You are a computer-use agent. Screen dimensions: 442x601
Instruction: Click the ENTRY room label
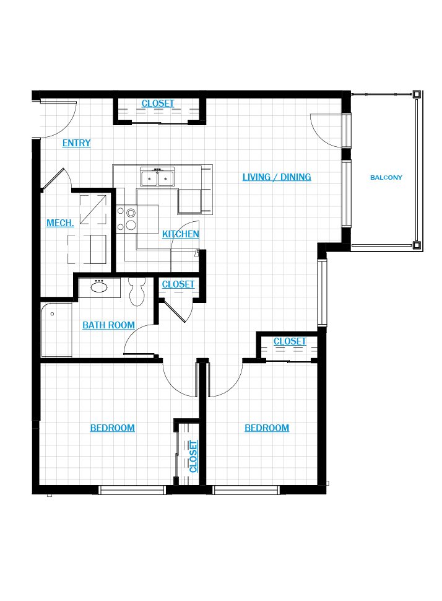(77, 143)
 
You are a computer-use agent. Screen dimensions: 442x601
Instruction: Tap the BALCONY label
(386, 177)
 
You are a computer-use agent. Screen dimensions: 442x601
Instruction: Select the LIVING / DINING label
(277, 177)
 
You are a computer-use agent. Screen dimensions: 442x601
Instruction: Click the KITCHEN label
(180, 234)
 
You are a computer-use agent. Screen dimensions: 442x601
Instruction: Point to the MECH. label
(60, 222)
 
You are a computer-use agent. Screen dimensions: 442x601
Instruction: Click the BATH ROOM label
(109, 325)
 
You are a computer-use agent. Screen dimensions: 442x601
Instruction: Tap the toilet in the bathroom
(137, 291)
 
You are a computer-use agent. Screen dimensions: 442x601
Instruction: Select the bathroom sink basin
(99, 287)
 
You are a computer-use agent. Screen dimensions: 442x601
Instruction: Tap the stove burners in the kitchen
(127, 219)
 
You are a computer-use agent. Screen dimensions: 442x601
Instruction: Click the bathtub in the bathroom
(56, 330)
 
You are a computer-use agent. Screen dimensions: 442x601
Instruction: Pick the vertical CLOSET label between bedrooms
(193, 457)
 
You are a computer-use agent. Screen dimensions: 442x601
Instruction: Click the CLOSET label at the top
(158, 103)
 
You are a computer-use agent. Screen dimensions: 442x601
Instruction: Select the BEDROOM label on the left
(113, 428)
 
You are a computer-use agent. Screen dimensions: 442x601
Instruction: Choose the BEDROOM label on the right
(267, 428)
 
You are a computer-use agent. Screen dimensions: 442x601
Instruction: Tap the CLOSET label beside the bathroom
(178, 284)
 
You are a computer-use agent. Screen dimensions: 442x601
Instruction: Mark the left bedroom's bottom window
(132, 490)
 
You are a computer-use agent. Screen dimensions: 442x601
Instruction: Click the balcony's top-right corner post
(417, 94)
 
